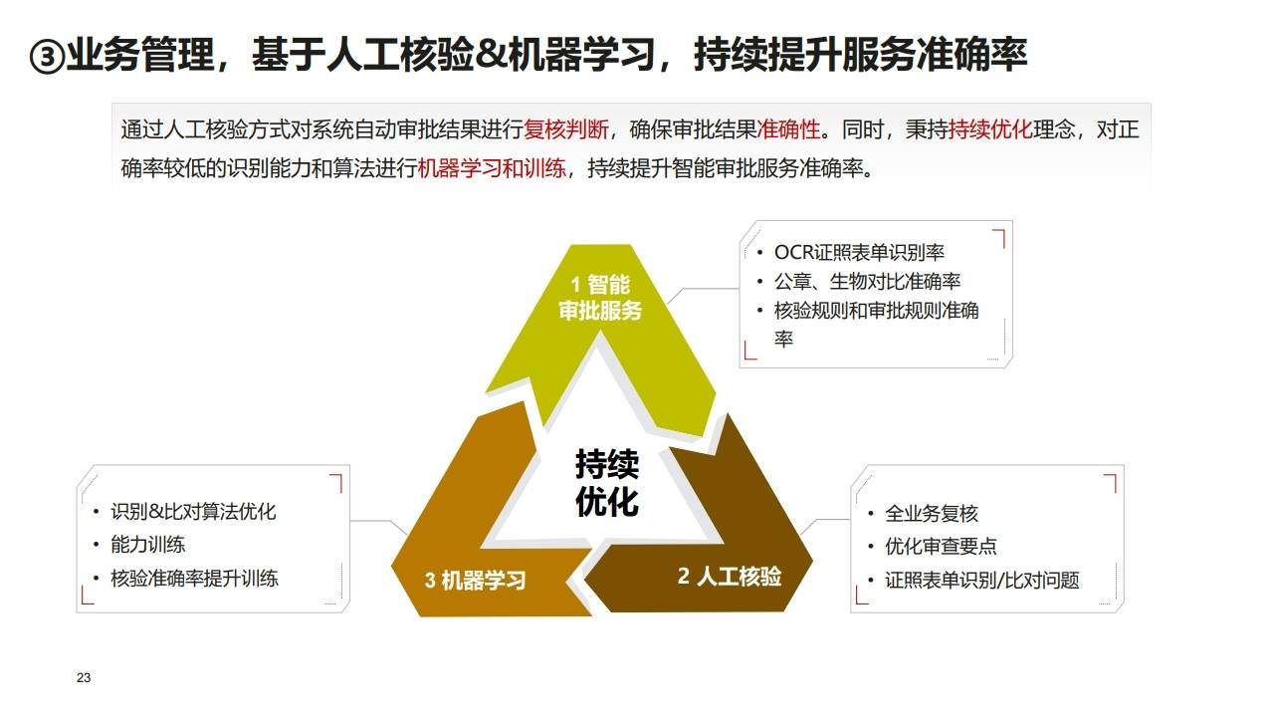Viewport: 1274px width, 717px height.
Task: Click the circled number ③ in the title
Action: [47, 57]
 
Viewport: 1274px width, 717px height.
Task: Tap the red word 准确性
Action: [789, 129]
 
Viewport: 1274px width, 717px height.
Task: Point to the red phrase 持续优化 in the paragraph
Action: [991, 129]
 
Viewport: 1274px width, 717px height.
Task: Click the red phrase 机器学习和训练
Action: [493, 167]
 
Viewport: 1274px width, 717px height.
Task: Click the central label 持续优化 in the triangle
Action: [606, 482]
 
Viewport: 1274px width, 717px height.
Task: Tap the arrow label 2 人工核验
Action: [730, 576]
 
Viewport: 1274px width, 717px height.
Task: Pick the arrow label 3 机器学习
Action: [475, 580]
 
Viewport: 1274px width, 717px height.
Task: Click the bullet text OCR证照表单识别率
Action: [859, 252]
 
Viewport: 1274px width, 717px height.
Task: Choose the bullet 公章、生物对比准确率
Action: [867, 281]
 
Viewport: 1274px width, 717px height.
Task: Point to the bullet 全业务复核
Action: [932, 514]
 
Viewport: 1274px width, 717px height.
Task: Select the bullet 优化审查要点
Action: [941, 547]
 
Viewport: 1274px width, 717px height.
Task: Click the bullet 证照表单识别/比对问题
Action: [981, 580]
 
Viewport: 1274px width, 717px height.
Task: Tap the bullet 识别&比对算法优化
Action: [193, 512]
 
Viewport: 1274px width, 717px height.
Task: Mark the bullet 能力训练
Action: [147, 545]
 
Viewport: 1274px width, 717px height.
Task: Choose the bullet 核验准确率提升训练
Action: [194, 578]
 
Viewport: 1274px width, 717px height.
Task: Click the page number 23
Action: [84, 678]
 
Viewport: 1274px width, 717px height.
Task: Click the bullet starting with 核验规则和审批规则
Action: [876, 311]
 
